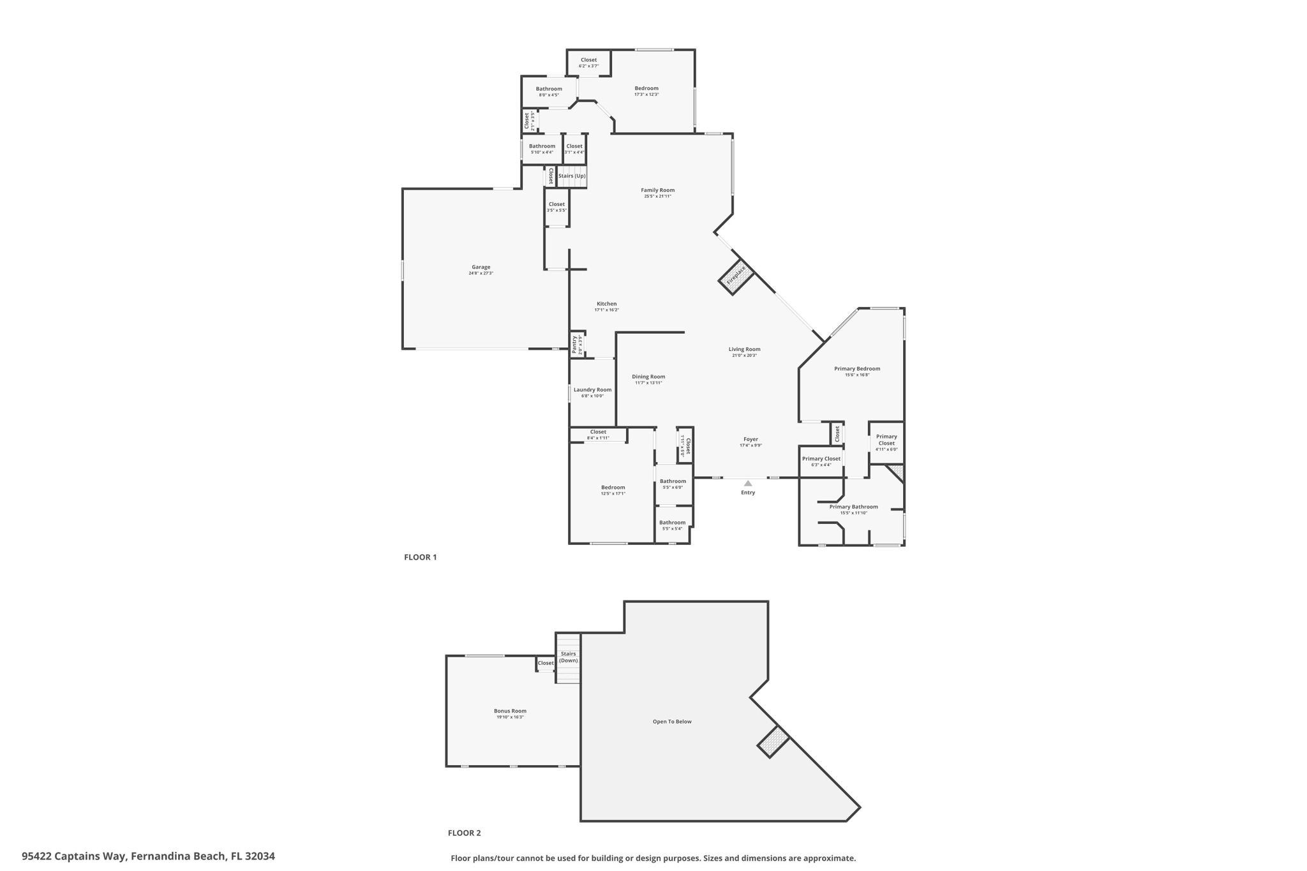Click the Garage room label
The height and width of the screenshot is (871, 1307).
[481, 267]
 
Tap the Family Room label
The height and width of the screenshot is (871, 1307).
[657, 190]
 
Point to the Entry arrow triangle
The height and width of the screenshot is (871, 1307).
[748, 484]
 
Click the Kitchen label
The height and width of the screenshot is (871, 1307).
[606, 304]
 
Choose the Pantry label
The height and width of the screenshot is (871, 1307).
[575, 345]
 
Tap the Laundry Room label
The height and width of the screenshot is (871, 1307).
[592, 390]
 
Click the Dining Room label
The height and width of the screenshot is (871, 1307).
[648, 376]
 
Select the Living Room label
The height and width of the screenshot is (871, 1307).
[744, 349]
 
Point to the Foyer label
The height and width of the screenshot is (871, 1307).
[751, 439]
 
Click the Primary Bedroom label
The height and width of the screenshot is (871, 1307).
[857, 369]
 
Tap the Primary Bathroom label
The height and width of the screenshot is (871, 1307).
[853, 507]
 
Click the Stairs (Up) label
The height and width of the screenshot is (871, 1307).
[572, 176]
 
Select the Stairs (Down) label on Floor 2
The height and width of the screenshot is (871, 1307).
[568, 657]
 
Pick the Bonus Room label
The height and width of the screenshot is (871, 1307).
[510, 711]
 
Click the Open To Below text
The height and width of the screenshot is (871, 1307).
[672, 722]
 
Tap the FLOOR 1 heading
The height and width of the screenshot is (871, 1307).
[421, 557]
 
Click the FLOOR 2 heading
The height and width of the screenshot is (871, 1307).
[464, 833]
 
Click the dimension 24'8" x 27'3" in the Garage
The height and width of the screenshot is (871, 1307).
[481, 274]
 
